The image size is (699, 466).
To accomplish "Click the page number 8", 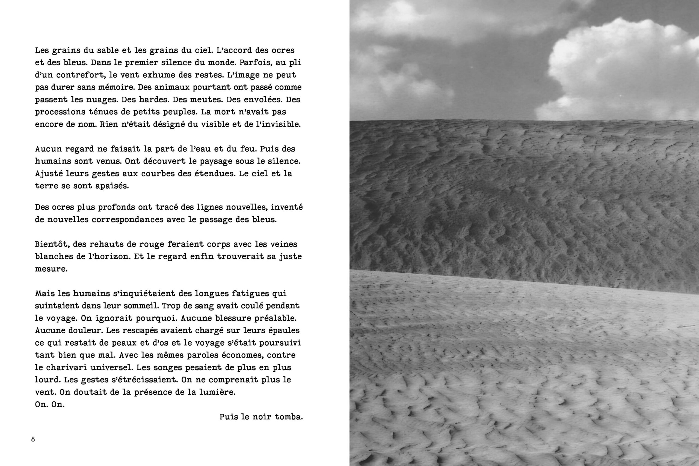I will pyautogui.click(x=33, y=439).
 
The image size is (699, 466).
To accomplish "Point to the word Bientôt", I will pyautogui.click(x=52, y=244).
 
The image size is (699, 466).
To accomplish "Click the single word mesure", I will pyautogui.click(x=51, y=269).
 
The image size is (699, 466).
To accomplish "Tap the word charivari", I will pyautogui.click(x=65, y=367).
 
